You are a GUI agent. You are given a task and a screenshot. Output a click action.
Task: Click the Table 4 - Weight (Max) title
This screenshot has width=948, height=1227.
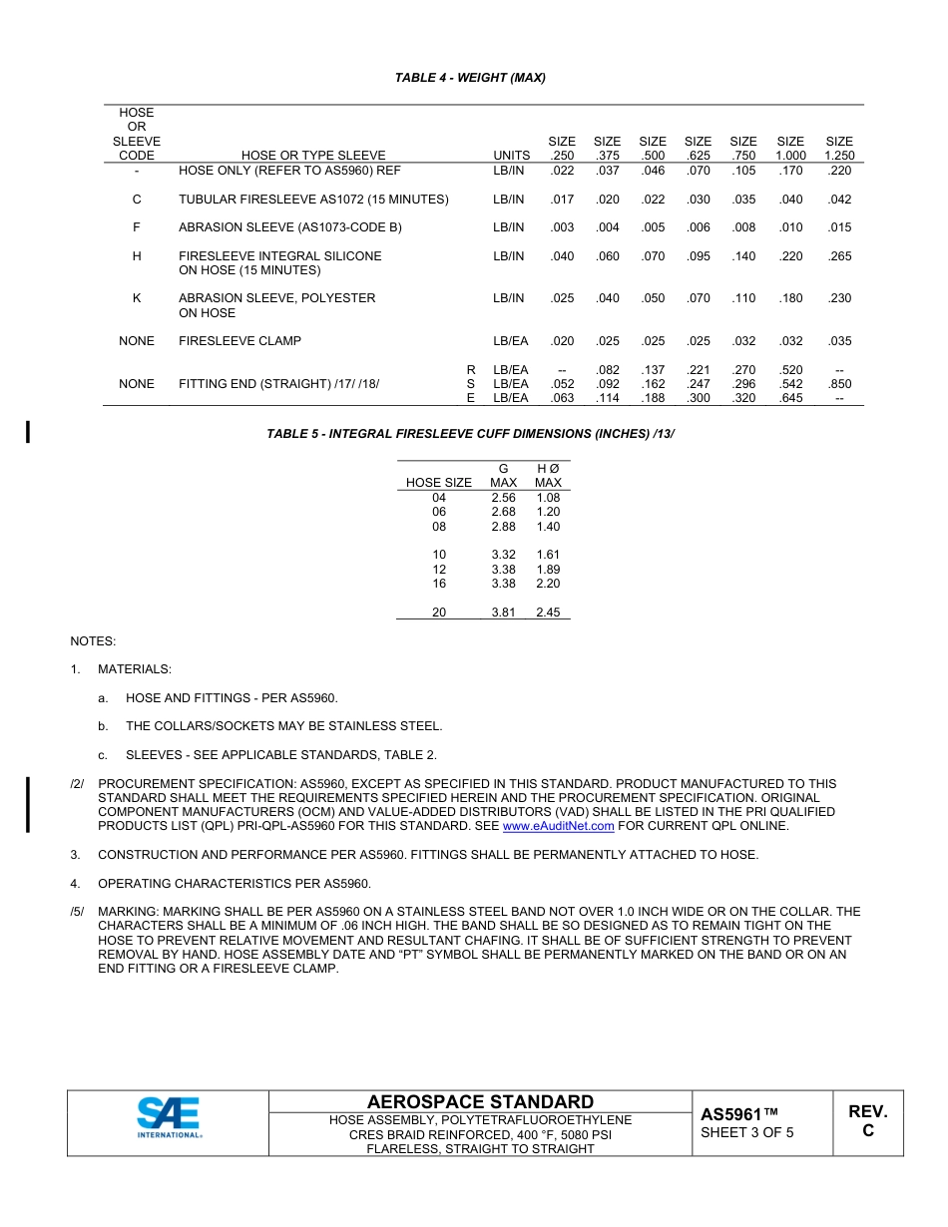coord(470,78)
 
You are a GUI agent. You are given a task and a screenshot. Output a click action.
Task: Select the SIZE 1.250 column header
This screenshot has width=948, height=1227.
coord(839,149)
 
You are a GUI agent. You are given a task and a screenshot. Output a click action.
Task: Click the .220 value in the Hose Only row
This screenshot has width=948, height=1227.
coord(839,171)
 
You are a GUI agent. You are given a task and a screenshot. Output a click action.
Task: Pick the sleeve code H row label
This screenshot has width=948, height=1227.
coord(137,256)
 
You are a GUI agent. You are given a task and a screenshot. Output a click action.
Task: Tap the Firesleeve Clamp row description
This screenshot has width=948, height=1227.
coord(239,341)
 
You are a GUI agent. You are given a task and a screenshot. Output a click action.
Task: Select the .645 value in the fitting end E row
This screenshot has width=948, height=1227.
coord(790,398)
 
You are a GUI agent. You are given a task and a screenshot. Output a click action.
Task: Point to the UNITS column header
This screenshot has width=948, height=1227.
coord(511,156)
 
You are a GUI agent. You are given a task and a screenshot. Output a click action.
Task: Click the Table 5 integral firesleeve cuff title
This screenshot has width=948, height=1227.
coord(464,434)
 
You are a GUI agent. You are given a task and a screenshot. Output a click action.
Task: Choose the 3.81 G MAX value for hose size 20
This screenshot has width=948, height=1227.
coord(503,613)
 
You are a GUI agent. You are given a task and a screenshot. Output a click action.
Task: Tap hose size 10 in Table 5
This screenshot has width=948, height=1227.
coord(439,555)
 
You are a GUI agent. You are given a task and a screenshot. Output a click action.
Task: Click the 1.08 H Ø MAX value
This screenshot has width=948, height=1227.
coord(548,498)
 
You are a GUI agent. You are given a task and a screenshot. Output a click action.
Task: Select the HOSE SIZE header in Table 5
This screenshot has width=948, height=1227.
coord(439,483)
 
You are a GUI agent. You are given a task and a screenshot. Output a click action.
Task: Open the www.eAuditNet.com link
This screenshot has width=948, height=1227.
coord(558,826)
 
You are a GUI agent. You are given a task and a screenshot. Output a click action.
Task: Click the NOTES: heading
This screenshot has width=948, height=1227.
coord(93,641)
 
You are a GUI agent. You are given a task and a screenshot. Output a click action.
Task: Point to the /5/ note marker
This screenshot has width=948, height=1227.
coord(78,912)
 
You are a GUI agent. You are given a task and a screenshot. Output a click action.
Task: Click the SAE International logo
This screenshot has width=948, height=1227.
coord(169,1118)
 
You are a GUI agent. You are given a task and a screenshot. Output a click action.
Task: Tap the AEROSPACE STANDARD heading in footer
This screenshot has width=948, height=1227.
coord(480,1102)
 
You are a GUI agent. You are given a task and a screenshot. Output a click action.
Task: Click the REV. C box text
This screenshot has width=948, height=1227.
coord(867,1121)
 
